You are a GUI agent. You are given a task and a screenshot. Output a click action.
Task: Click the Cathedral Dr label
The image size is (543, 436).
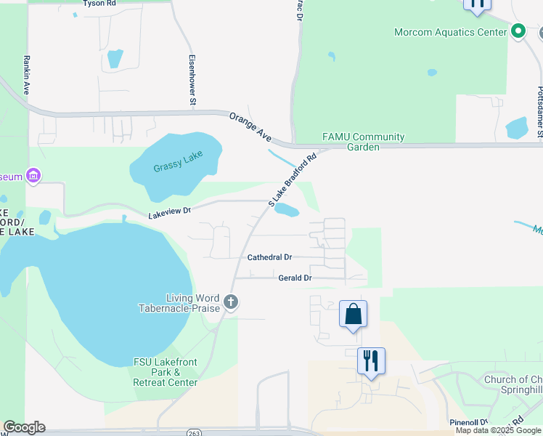(x=269, y=257)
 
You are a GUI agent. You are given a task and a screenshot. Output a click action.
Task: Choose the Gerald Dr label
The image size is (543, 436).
(x=295, y=278)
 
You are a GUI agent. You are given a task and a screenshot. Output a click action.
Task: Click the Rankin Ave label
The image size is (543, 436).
(x=26, y=76)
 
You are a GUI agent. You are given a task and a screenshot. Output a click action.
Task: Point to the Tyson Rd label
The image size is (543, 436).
(x=99, y=4)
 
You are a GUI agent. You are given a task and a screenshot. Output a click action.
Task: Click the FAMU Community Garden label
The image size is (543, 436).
(x=363, y=142)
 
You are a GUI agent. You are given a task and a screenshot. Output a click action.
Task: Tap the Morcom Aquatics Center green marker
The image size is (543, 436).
(x=518, y=31)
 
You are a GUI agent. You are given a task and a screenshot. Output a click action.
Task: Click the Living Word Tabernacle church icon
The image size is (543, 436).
(x=231, y=302)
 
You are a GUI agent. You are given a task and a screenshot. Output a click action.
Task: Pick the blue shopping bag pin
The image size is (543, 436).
(x=353, y=314)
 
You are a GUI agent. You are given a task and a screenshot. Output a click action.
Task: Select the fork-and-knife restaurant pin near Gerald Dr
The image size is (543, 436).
(x=371, y=361)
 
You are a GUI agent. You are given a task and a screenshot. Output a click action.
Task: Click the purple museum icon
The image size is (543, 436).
(x=32, y=176)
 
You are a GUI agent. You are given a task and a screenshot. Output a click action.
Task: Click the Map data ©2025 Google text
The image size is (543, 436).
(x=498, y=431)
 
